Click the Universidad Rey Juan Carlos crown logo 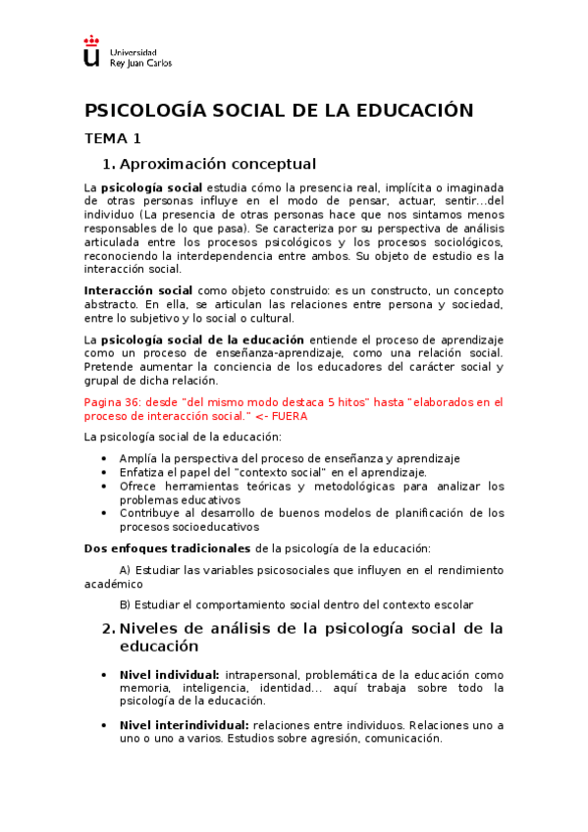click(91, 52)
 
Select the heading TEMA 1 click(113, 138)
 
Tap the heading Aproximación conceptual click(217, 163)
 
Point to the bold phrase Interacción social click(138, 290)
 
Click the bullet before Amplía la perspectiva click(105, 458)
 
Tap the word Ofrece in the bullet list click(138, 486)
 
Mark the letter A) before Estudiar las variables click(125, 569)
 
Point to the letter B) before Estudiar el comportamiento click(125, 604)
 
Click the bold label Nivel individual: click(169, 675)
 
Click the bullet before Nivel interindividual click(105, 725)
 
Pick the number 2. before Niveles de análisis click(109, 628)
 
